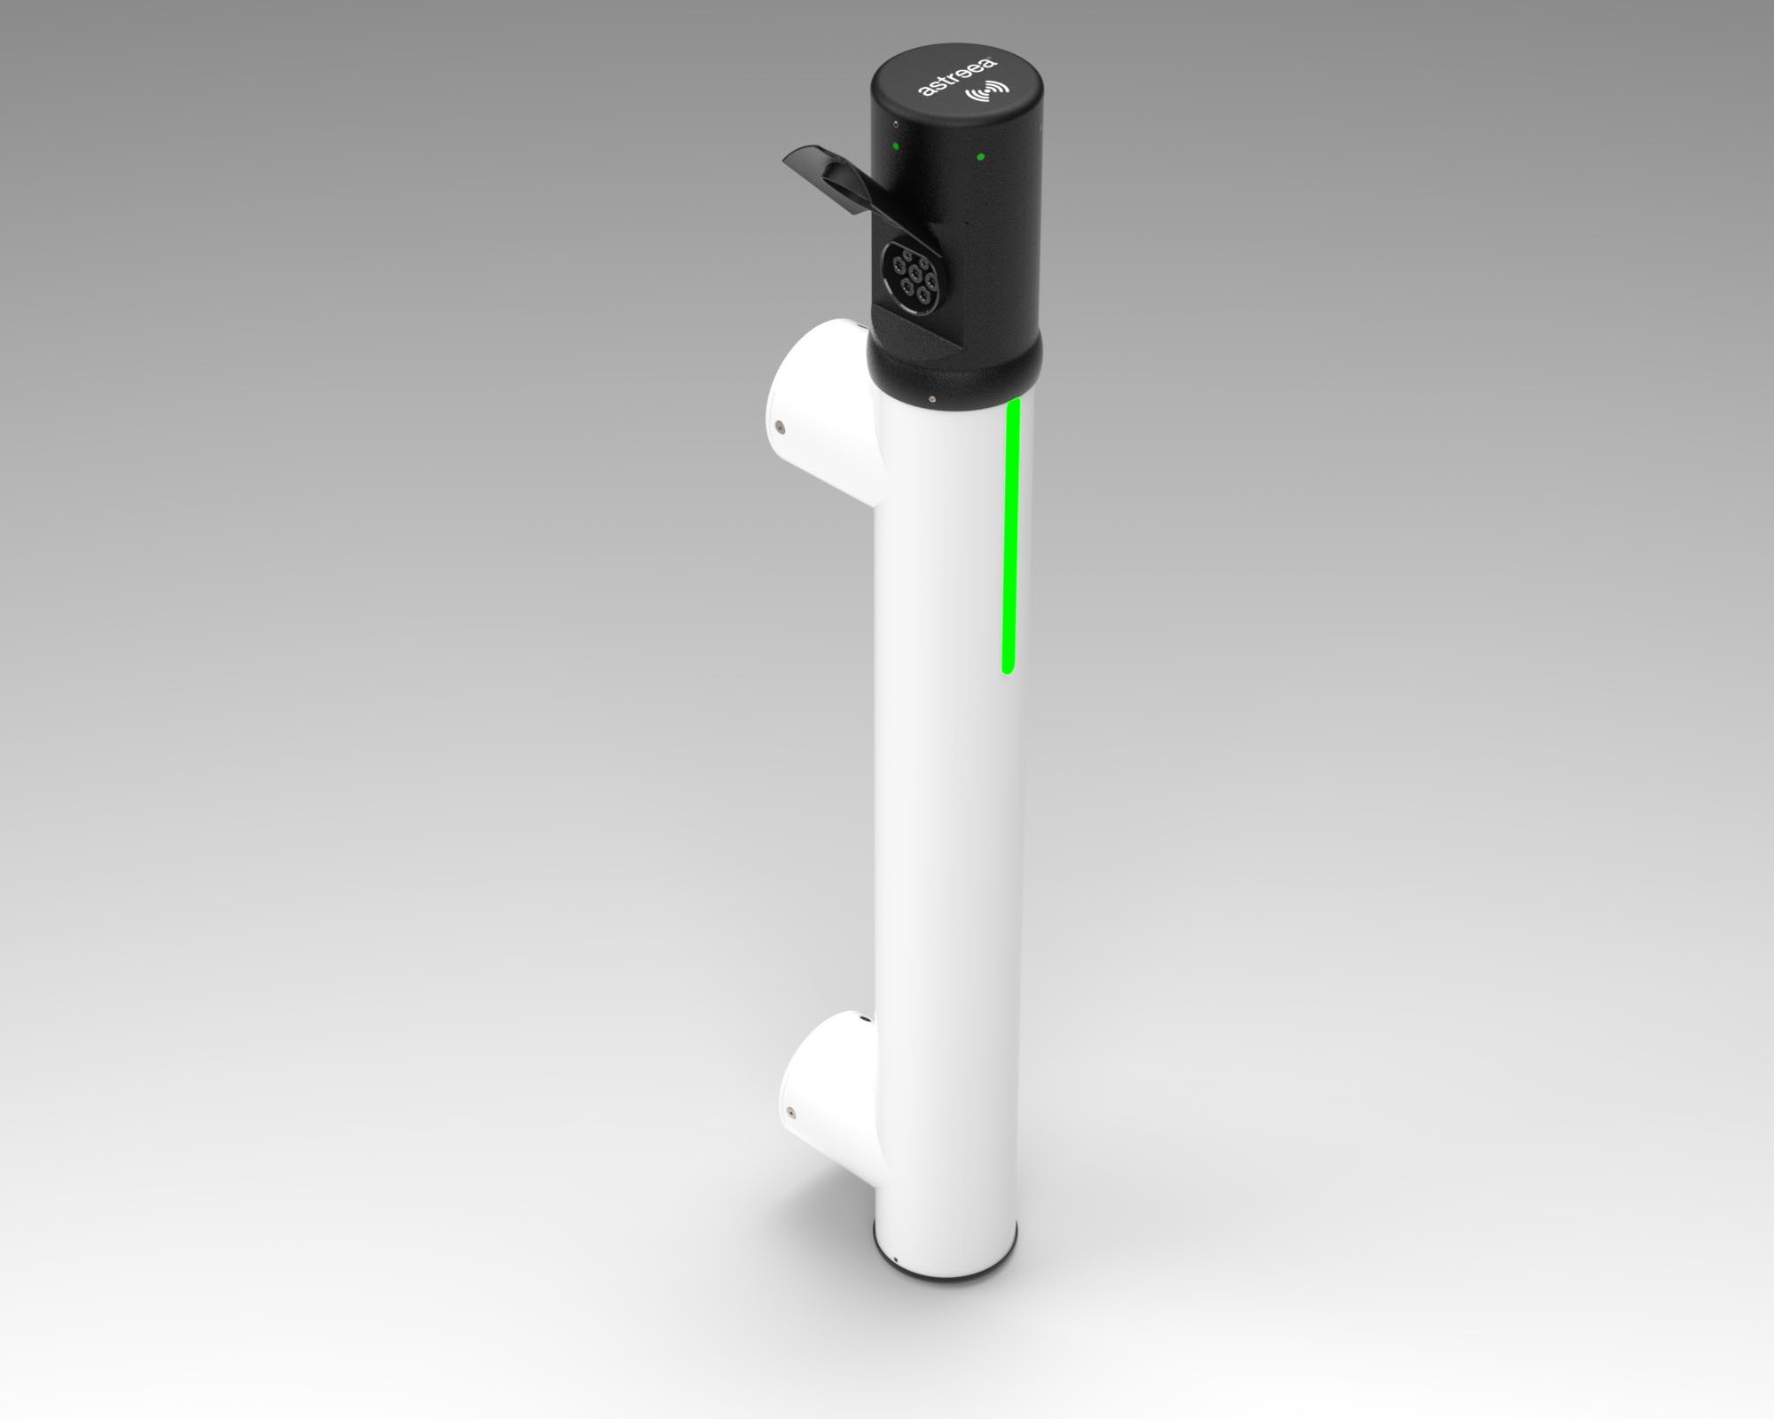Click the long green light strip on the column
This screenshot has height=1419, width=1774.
pos(1011,536)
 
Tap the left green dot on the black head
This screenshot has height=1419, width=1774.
pos(895,145)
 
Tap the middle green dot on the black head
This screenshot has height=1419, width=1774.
pos(980,158)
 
